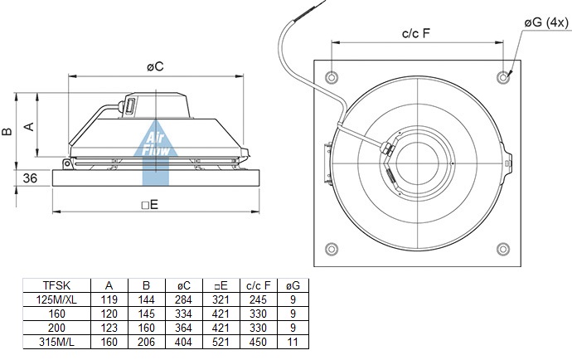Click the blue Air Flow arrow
pyautogui.click(x=155, y=153)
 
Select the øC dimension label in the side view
pyautogui.click(x=155, y=67)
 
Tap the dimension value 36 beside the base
pyautogui.click(x=30, y=178)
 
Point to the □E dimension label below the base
pyautogui.click(x=150, y=205)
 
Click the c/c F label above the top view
pyautogui.click(x=416, y=33)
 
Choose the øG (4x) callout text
pyautogui.click(x=546, y=22)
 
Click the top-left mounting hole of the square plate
pyautogui.click(x=332, y=77)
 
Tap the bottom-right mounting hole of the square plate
pyautogui.click(x=503, y=249)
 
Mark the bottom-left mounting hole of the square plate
pyautogui.click(x=332, y=249)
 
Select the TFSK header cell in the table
pyautogui.click(x=56, y=285)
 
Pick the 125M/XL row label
pyautogui.click(x=56, y=299)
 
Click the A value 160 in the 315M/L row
pyautogui.click(x=109, y=342)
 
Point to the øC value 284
pyautogui.click(x=183, y=299)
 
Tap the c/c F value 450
pyautogui.click(x=259, y=342)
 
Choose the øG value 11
pyautogui.click(x=293, y=342)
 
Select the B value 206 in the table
pyautogui.click(x=146, y=342)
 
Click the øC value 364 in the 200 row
pyautogui.click(x=183, y=328)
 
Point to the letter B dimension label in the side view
pyautogui.click(x=7, y=131)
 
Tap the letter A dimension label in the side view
pyautogui.click(x=29, y=127)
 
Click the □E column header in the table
pyautogui.click(x=221, y=285)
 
